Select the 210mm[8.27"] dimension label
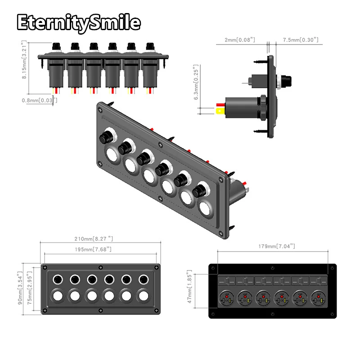[x=100, y=239]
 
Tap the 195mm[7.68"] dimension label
[x=99, y=249]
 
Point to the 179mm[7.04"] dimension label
[x=277, y=246]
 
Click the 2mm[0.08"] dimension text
[x=239, y=40]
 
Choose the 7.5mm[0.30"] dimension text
[x=301, y=40]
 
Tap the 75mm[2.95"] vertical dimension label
[x=30, y=288]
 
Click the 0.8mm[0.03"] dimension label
[x=40, y=100]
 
